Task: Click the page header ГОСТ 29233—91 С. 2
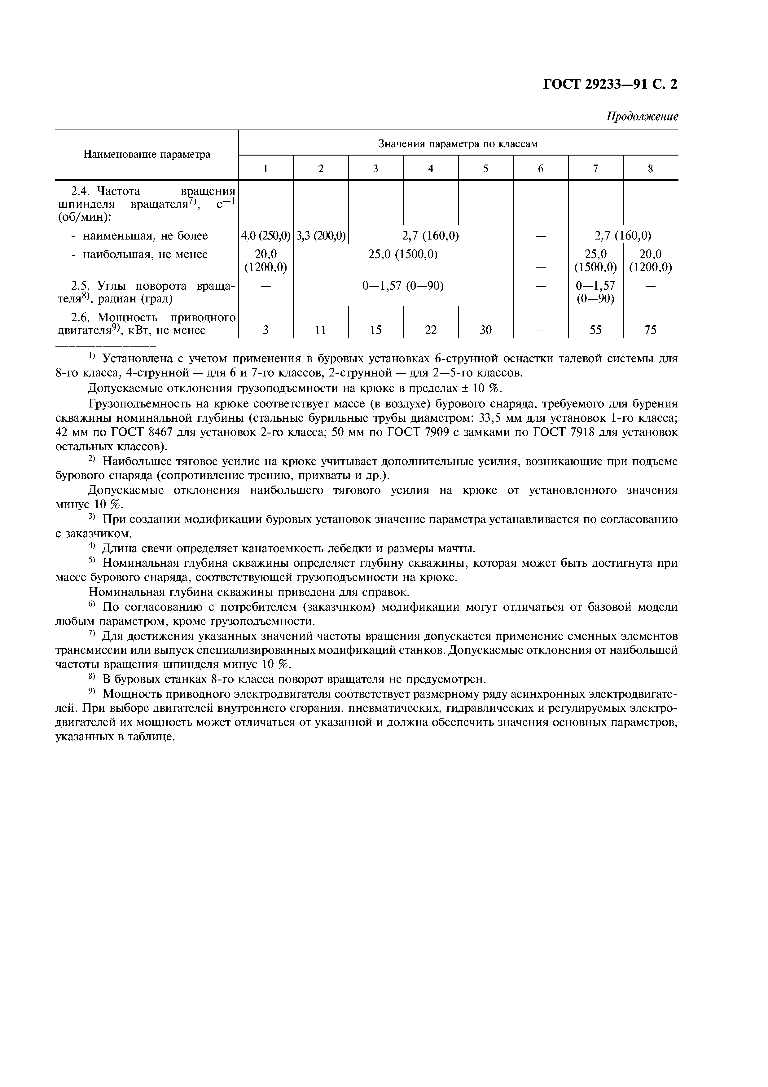coord(610,84)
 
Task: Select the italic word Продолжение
coord(642,117)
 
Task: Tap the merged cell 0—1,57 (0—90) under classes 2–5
coord(403,286)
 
